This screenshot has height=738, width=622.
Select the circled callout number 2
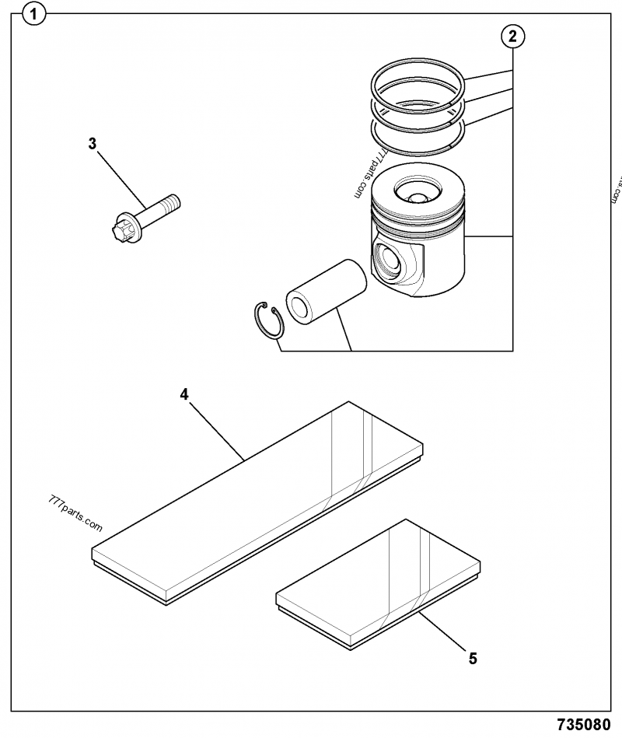(x=512, y=35)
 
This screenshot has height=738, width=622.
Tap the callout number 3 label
(x=93, y=143)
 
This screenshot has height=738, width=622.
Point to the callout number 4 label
(x=184, y=394)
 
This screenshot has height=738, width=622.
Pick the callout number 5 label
(x=473, y=659)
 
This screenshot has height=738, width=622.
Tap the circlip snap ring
(x=270, y=320)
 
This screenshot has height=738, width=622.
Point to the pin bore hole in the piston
(x=390, y=263)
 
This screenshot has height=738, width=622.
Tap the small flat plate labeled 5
(x=377, y=583)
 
